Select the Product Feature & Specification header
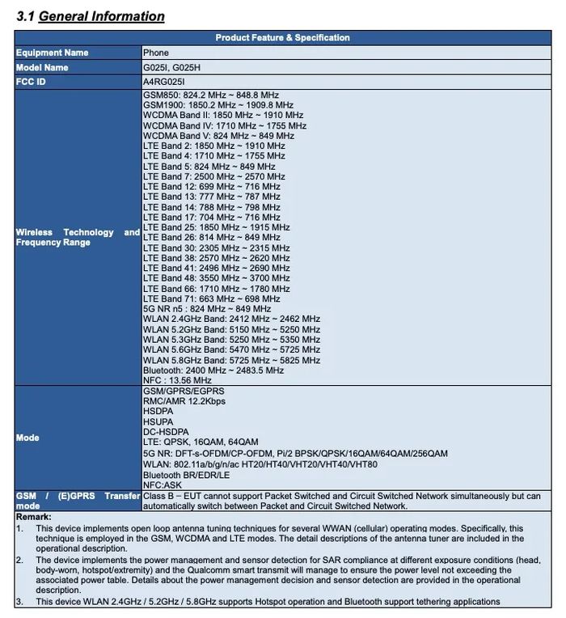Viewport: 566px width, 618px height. [x=282, y=38]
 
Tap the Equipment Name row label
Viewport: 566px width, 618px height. [x=53, y=53]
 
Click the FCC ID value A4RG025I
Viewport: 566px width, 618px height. [x=164, y=82]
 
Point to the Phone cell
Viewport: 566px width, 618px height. [x=156, y=53]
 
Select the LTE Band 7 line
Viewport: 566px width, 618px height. [x=214, y=176]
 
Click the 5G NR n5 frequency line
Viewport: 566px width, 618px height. [x=207, y=309]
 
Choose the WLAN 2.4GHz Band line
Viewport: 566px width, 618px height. [x=231, y=320]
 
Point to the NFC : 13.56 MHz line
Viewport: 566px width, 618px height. [x=177, y=380]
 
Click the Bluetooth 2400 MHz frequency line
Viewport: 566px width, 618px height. [x=213, y=370]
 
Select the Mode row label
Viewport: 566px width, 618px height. [x=28, y=438]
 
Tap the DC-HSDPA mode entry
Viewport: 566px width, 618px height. [x=166, y=432]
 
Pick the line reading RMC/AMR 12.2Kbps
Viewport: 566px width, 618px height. [x=184, y=401]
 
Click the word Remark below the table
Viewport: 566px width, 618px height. [x=33, y=517]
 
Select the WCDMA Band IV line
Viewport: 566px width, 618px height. [x=225, y=126]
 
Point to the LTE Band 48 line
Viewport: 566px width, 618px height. [x=217, y=278]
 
